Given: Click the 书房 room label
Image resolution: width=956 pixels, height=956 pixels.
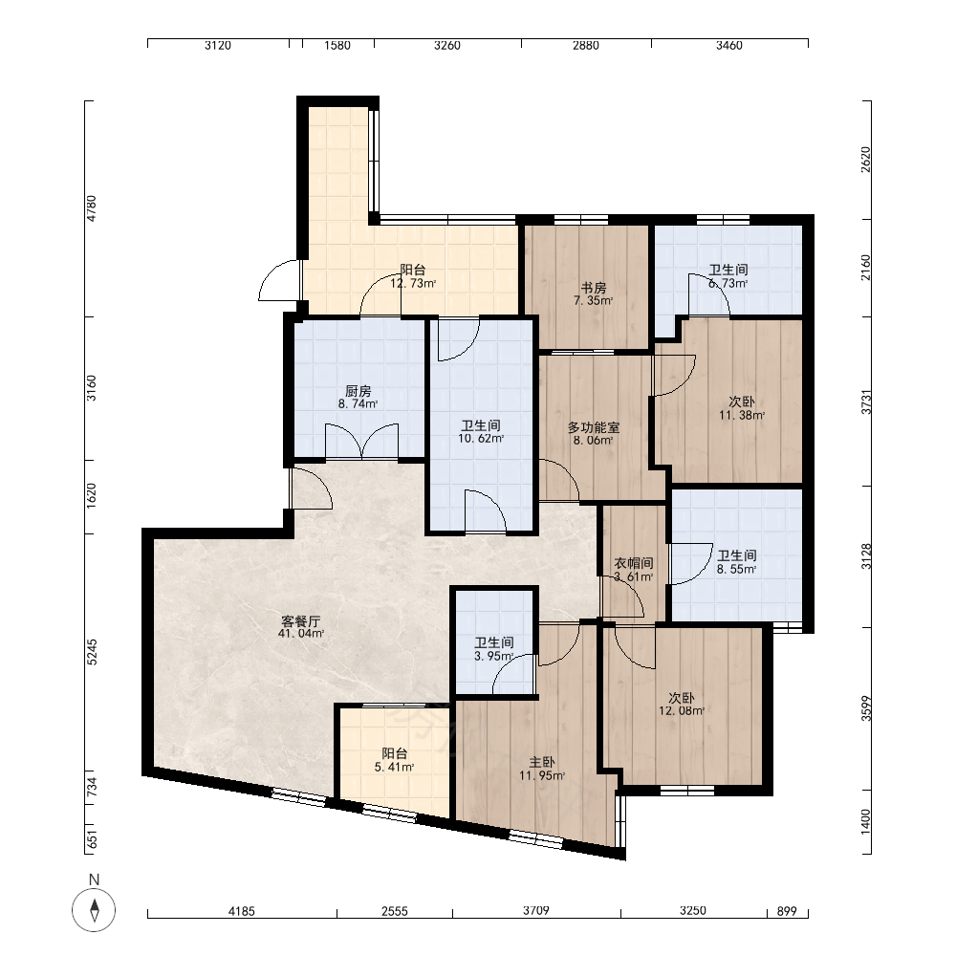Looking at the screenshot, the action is (x=594, y=288).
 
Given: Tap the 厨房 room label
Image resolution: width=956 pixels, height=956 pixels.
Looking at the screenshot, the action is (x=358, y=391).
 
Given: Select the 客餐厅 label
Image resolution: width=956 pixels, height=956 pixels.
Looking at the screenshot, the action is (x=300, y=622).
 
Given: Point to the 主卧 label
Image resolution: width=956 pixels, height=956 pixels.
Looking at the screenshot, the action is (x=541, y=763).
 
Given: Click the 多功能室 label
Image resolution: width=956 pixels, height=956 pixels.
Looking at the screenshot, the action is (x=594, y=428).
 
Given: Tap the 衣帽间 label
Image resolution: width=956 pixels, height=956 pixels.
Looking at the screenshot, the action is (x=634, y=564).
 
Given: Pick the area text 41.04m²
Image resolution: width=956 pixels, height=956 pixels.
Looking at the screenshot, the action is (x=300, y=634).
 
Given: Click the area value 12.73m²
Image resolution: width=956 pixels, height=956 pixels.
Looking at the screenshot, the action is (x=413, y=284).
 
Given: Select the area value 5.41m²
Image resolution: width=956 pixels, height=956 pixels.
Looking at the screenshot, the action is (x=395, y=768).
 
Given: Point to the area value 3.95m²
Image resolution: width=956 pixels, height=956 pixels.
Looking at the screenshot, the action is (x=494, y=657).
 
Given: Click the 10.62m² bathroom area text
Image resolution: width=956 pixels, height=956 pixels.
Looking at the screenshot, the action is (x=481, y=439).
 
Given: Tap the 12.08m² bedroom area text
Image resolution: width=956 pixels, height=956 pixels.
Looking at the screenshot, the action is (x=682, y=711).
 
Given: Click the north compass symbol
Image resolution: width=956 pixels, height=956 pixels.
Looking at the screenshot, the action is (x=94, y=910).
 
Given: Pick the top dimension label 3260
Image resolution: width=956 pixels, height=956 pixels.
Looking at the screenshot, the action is (x=446, y=46).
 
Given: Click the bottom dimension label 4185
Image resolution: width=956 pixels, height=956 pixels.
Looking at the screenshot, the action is (x=242, y=911).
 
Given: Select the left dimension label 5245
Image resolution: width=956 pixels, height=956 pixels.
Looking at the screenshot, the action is (x=92, y=652).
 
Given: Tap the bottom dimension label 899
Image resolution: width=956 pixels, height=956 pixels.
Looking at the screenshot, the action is (x=787, y=911).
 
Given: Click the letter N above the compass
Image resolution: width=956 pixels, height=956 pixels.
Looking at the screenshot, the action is (x=94, y=880).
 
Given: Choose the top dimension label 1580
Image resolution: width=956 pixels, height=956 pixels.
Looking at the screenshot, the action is (x=337, y=46).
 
